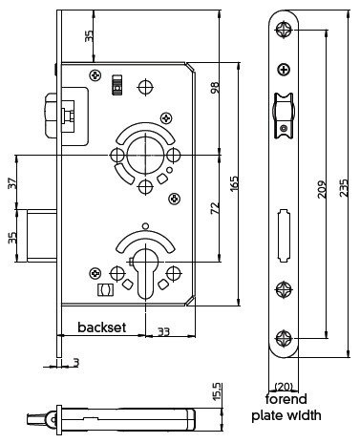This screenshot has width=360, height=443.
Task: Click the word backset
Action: coord(102,327)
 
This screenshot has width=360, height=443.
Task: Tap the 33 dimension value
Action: coord(163,332)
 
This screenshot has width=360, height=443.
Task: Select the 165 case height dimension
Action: coord(234,184)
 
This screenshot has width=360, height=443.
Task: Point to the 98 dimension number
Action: coord(215,88)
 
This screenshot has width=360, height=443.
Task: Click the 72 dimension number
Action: coord(216,207)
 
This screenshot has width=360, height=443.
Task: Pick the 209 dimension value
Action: coord(323,189)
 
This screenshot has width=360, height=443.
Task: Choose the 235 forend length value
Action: coord(344,188)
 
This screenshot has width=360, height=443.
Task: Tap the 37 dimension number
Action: coord(12,183)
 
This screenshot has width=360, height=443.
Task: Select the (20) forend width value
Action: coord(284,387)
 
